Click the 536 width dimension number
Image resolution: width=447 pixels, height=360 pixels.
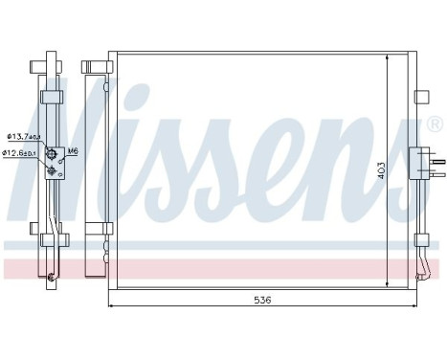(x=263, y=300)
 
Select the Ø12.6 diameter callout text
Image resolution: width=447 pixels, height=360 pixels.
(x=21, y=152)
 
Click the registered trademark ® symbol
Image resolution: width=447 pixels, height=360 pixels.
(x=435, y=124)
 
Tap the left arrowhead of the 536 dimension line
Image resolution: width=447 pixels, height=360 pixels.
(x=113, y=306)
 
